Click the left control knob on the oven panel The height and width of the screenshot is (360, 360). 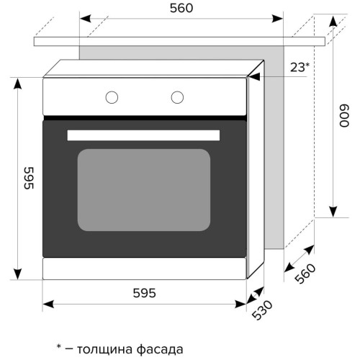coord(112,97)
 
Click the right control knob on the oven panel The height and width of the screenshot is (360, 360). coord(177,97)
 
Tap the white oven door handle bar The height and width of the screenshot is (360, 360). coord(143,135)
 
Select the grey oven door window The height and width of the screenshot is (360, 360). coord(144,190)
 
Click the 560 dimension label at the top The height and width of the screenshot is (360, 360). coord(181,9)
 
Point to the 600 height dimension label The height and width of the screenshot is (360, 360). coord(344,115)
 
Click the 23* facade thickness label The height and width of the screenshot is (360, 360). coord(300,68)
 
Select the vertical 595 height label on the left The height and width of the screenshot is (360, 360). coord(29,178)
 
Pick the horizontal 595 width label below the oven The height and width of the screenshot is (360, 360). coord(145,293)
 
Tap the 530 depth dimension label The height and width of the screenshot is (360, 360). coord(262,310)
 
